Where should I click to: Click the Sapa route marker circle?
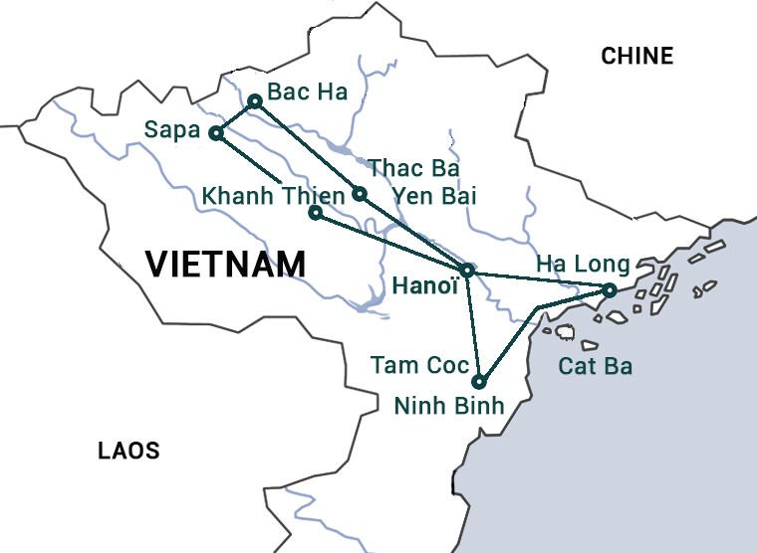pos(215,133)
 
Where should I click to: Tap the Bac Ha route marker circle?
pos(255,100)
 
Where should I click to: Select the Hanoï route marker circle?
pos(467,270)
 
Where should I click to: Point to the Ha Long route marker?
pos(609,290)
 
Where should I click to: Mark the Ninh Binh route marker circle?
pos(480,382)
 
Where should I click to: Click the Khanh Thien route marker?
pos(315,212)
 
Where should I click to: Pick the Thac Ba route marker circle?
pos(360,193)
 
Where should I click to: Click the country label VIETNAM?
pos(225,265)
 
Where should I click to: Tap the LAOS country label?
pos(128,451)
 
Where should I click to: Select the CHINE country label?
pos(636,57)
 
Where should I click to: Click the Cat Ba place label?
pos(595,366)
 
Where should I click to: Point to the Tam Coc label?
pos(419,365)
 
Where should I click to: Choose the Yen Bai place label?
pos(434,196)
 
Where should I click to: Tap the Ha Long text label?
pos(583,264)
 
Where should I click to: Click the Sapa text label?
pos(172,129)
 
